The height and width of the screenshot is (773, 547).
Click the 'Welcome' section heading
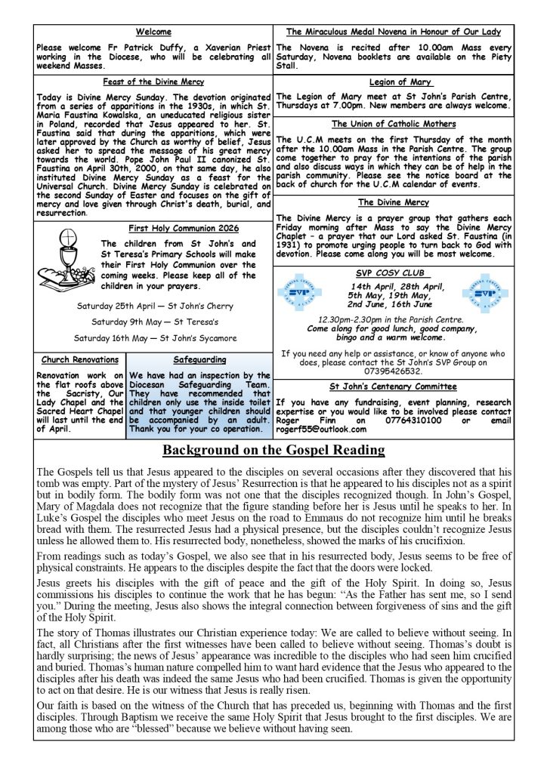point(153,32)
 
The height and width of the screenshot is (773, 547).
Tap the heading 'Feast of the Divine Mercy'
point(153,82)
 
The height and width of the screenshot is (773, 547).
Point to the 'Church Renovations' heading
point(79,360)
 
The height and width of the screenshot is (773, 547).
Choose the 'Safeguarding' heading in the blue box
point(199,360)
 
